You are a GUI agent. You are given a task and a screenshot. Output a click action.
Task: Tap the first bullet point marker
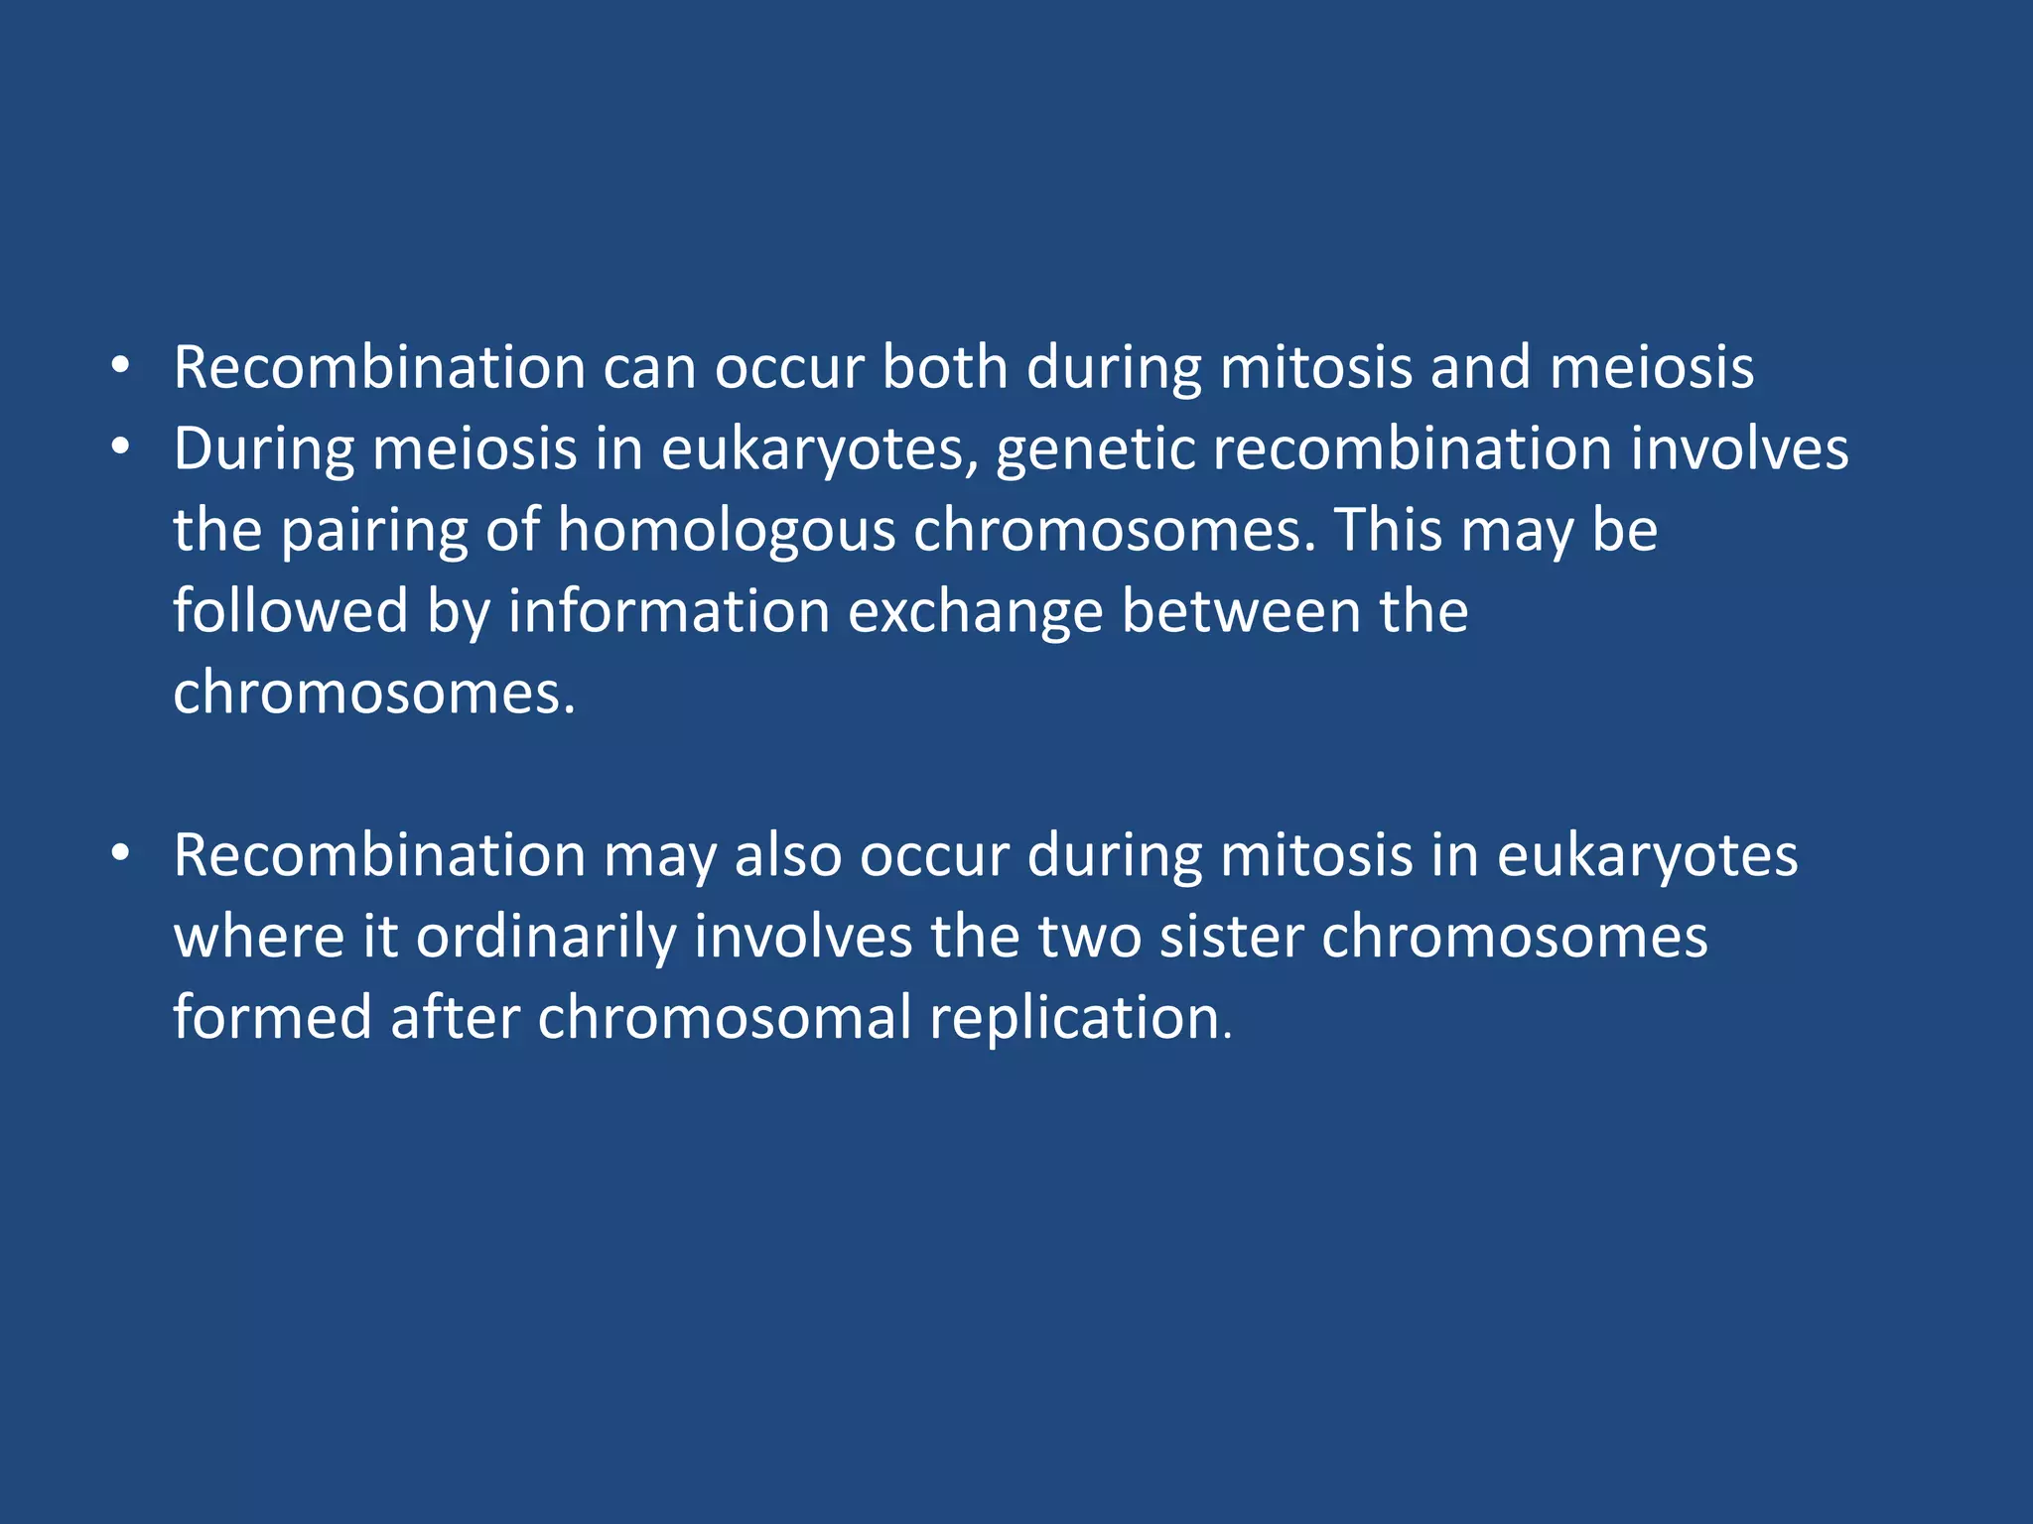click(x=120, y=366)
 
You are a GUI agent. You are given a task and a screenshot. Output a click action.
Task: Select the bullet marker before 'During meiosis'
click(x=120, y=448)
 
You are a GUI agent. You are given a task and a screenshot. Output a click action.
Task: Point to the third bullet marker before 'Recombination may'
click(x=120, y=854)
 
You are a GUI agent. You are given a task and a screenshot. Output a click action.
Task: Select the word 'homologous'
click(x=726, y=531)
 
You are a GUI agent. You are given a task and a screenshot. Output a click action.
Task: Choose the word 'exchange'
click(x=975, y=612)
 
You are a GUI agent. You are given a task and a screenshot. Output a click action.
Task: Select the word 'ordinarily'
click(x=545, y=938)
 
